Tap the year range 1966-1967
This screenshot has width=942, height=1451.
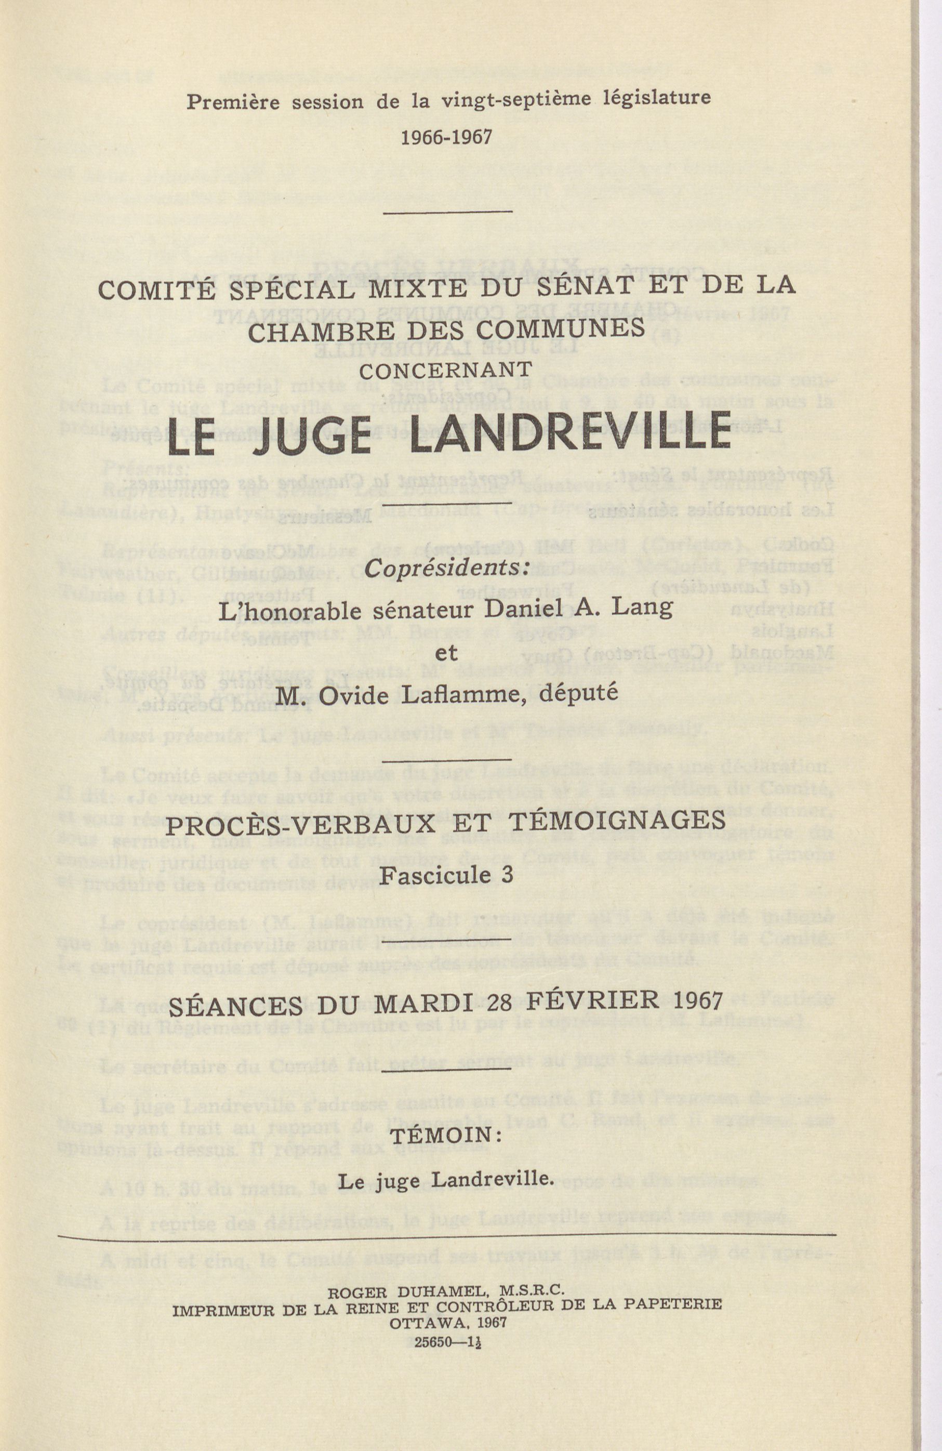446,137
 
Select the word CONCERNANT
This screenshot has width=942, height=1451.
446,370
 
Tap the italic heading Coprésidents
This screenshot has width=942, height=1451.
446,568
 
